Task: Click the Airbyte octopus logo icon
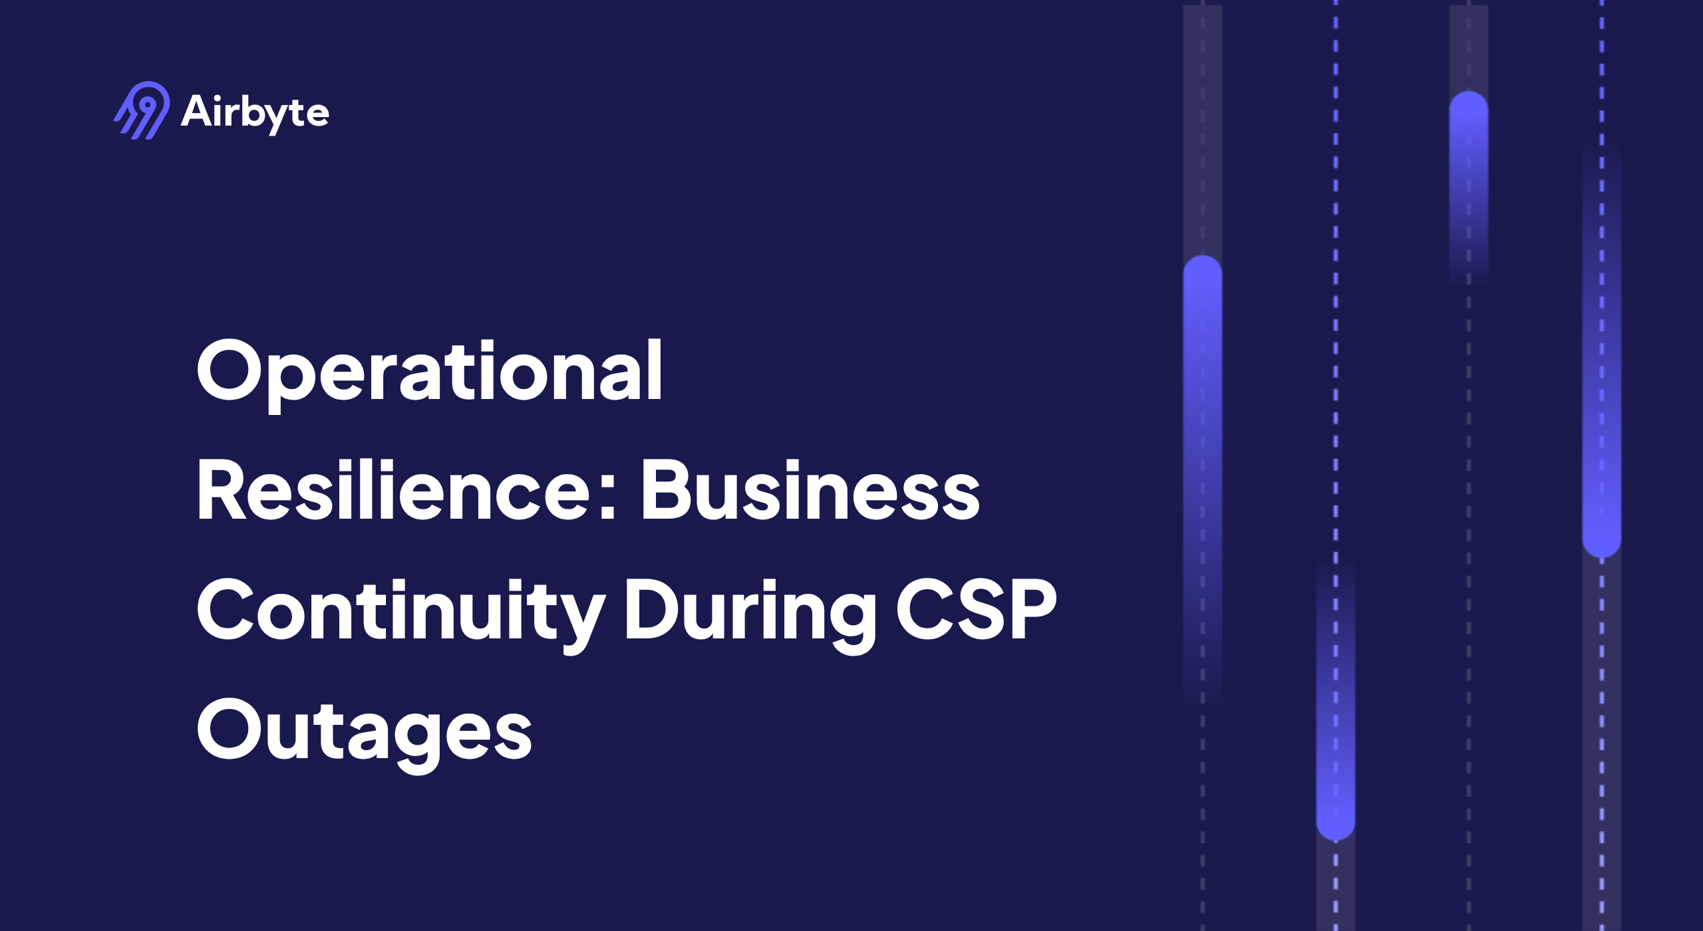click(x=142, y=110)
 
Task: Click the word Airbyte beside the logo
click(x=255, y=112)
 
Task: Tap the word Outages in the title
click(x=365, y=730)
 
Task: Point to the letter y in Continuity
click(x=580, y=618)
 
